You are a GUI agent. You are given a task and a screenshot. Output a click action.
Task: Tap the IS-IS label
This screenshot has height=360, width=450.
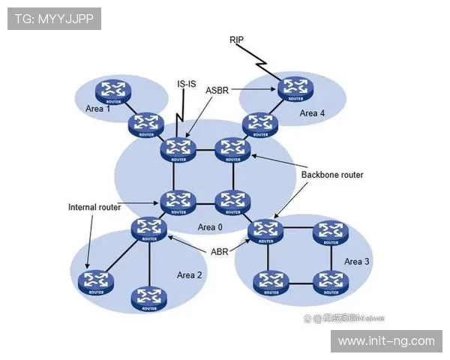187,84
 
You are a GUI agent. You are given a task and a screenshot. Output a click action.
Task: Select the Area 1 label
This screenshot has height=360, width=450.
97,109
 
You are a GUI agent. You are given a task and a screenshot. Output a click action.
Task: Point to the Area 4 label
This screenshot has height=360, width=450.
313,113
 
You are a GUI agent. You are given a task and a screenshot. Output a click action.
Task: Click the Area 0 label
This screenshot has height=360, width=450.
210,226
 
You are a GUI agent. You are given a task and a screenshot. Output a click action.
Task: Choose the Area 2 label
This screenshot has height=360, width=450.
189,275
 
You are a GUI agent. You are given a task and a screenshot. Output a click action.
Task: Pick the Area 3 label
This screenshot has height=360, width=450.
357,262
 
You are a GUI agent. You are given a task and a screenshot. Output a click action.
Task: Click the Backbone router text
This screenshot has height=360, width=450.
332,175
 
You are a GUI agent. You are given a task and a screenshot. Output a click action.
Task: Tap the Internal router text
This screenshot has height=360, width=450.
94,207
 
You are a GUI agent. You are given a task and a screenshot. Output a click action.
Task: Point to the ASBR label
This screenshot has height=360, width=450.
217,89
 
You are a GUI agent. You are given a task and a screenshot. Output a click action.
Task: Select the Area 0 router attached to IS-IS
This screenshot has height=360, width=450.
178,148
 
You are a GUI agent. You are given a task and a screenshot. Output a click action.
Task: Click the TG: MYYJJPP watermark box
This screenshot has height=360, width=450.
54,19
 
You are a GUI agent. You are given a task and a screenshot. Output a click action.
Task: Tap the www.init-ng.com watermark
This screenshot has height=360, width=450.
386,341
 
